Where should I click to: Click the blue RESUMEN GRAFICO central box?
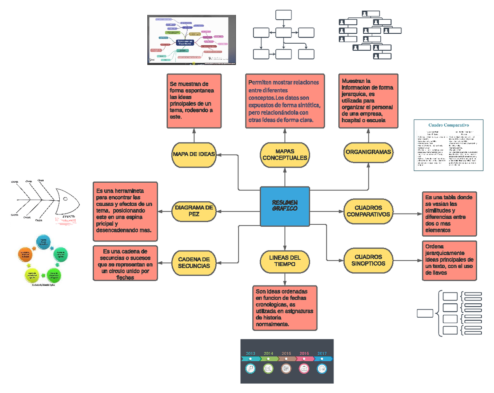(x=284, y=206)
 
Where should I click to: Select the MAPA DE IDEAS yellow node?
(x=193, y=154)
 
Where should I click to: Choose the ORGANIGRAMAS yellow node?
(x=368, y=152)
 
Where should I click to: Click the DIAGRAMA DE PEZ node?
(x=194, y=211)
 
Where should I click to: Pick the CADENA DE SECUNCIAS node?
(x=194, y=263)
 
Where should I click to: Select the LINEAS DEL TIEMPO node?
(x=284, y=260)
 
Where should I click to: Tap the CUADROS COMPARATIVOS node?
(x=368, y=211)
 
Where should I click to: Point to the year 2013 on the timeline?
(x=251, y=353)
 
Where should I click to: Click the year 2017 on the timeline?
(x=322, y=353)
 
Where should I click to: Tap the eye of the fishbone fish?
(x=66, y=199)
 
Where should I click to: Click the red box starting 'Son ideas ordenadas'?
(x=285, y=308)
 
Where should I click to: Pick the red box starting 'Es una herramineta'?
(x=125, y=211)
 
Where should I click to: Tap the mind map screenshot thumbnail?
(x=191, y=40)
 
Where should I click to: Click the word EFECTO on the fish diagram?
(x=68, y=216)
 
